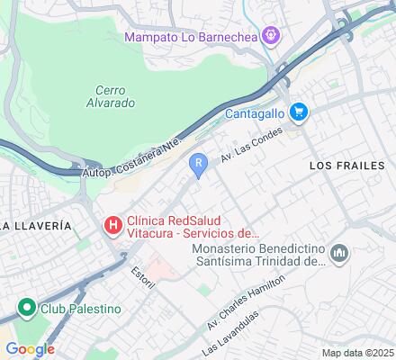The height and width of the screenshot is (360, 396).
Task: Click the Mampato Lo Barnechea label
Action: pos(193,38)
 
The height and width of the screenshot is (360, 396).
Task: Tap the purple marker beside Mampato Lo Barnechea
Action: pos(274,37)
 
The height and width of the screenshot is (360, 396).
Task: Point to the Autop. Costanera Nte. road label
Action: pos(134,157)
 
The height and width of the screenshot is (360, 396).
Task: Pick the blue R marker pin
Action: pos(198,164)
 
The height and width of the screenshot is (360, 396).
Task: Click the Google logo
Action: pos(30,349)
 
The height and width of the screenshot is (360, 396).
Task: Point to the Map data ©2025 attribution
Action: pos(358,353)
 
